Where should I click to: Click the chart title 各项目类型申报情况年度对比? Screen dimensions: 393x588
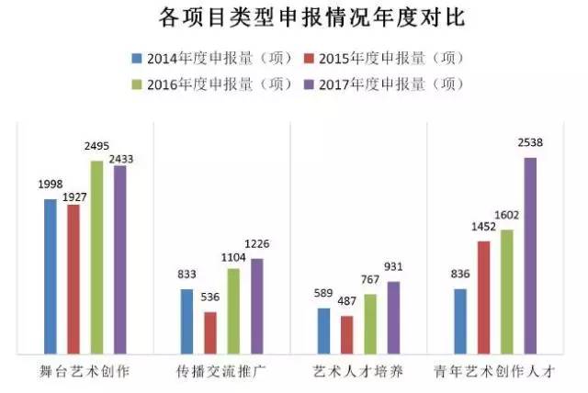[x=294, y=17]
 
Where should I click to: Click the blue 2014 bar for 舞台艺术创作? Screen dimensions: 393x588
[x=50, y=275]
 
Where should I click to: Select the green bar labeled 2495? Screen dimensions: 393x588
[x=96, y=257]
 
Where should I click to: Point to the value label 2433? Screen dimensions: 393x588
[x=120, y=159]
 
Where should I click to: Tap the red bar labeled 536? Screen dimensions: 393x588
[x=209, y=332]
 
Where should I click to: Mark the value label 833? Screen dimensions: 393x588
[x=186, y=274]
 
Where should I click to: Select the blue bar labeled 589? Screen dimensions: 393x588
[x=323, y=331]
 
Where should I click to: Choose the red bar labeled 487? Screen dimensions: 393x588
[x=346, y=334]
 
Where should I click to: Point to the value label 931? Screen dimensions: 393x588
[x=394, y=265]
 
